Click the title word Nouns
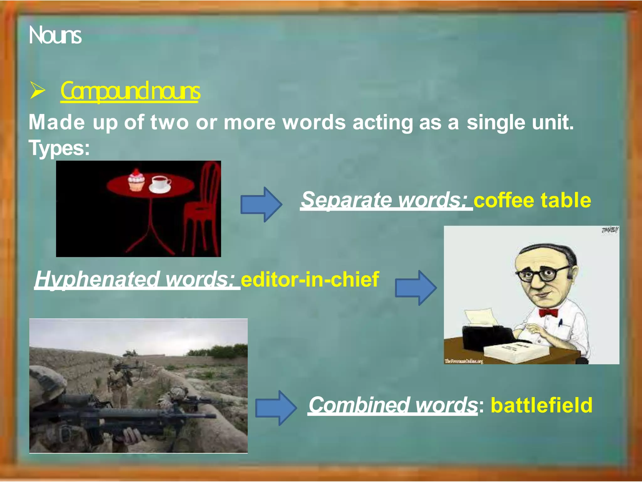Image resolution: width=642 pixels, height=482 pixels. (x=55, y=35)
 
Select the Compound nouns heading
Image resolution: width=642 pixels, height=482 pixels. (x=130, y=91)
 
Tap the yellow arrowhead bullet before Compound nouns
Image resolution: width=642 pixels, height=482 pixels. (x=38, y=91)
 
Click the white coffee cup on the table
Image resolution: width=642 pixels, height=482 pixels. (x=160, y=184)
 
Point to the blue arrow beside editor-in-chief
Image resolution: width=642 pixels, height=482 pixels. (x=415, y=288)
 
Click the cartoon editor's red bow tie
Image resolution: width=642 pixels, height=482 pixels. (x=549, y=313)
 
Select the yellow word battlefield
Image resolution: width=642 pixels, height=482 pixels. (x=541, y=405)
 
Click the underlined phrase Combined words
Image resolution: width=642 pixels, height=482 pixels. (x=392, y=404)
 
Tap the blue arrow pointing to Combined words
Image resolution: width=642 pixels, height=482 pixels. (x=275, y=408)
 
